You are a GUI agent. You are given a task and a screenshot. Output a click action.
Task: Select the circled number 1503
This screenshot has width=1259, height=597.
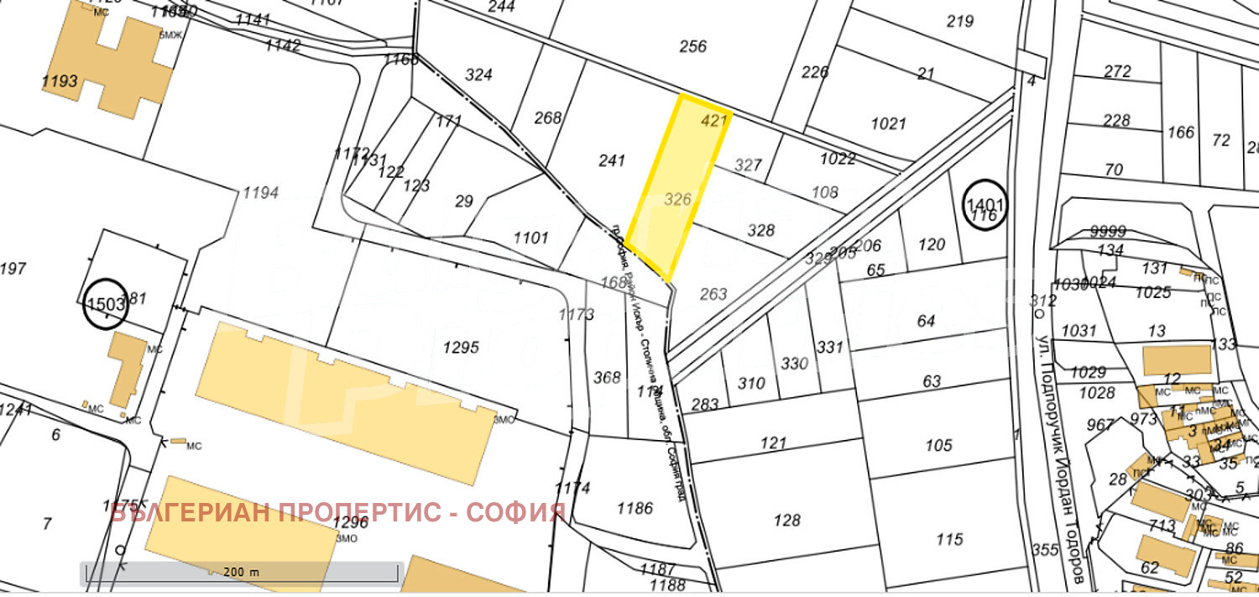click(x=107, y=303)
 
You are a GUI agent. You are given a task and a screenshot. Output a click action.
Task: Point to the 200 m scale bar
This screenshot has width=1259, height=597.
click(x=241, y=572)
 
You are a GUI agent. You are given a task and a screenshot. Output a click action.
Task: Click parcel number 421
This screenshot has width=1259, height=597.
click(x=713, y=121)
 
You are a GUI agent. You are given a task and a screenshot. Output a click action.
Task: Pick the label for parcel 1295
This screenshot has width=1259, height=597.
click(x=461, y=347)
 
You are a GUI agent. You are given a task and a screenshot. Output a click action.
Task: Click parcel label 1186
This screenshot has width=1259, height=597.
click(x=635, y=507)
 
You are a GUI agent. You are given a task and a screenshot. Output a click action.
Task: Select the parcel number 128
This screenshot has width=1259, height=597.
click(x=786, y=521)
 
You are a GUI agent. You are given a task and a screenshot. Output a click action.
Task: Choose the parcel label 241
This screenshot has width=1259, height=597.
click(x=612, y=160)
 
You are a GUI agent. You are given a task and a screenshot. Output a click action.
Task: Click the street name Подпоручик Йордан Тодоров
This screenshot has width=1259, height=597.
click(x=1063, y=453)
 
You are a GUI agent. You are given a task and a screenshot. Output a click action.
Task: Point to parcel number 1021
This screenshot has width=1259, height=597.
click(x=888, y=124)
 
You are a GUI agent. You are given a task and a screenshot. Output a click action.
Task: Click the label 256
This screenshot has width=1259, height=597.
click(x=693, y=46)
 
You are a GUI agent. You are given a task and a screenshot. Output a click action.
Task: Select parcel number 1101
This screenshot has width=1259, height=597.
click(x=530, y=238)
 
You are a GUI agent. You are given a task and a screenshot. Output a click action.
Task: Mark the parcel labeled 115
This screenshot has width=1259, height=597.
click(x=949, y=539)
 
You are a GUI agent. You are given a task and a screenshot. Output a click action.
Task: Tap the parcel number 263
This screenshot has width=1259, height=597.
click(x=713, y=294)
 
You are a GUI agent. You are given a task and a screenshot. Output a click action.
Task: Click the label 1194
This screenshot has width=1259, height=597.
click(x=260, y=194)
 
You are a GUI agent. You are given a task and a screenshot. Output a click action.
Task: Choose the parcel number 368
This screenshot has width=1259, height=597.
click(x=607, y=378)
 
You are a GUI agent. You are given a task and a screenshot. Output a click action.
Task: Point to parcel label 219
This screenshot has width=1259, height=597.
click(x=959, y=21)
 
